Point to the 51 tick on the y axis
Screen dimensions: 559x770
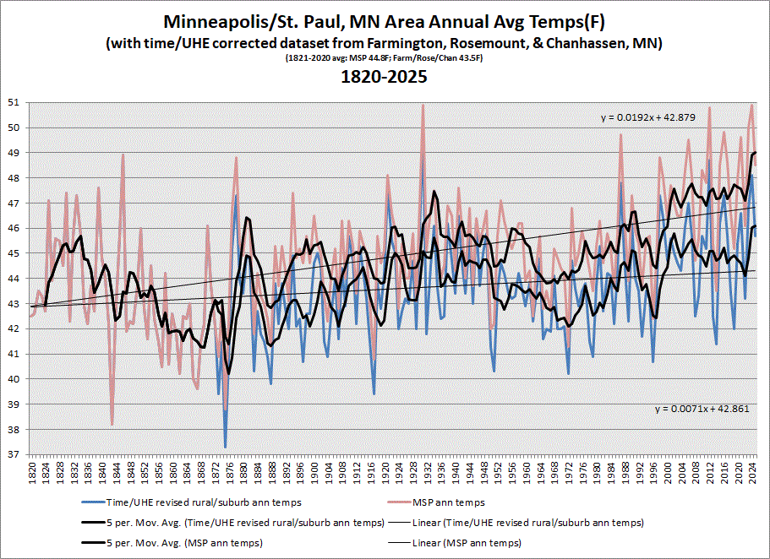19,103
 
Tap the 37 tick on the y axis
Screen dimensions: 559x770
19,454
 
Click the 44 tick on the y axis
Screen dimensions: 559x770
19,279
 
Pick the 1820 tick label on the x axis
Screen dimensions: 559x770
32,474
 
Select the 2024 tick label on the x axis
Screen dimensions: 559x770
748,474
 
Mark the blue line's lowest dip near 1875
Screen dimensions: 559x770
225,447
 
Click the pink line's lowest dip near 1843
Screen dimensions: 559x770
112,424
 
